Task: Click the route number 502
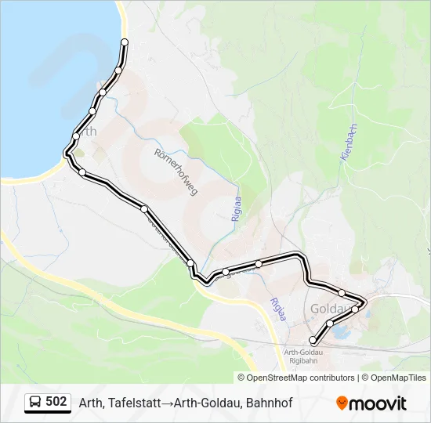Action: [56, 402]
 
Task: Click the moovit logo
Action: [371, 403]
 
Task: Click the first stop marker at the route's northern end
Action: [125, 42]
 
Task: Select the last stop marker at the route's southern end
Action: [313, 340]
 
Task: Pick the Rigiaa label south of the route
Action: [275, 310]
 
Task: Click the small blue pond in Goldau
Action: [341, 333]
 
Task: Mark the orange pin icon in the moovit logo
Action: [342, 403]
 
